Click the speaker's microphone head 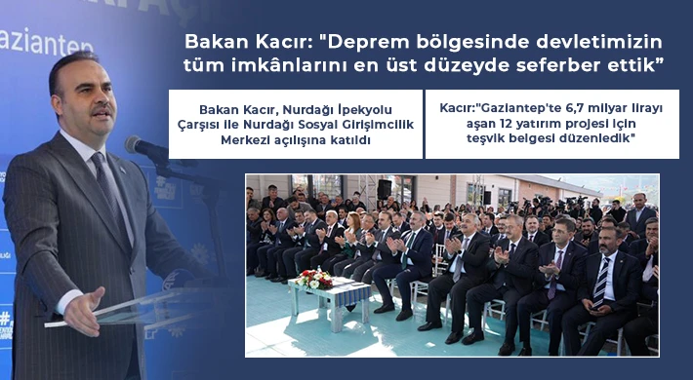pos(137,145)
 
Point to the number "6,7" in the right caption pos(562,108)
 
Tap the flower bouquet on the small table pos(316,279)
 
